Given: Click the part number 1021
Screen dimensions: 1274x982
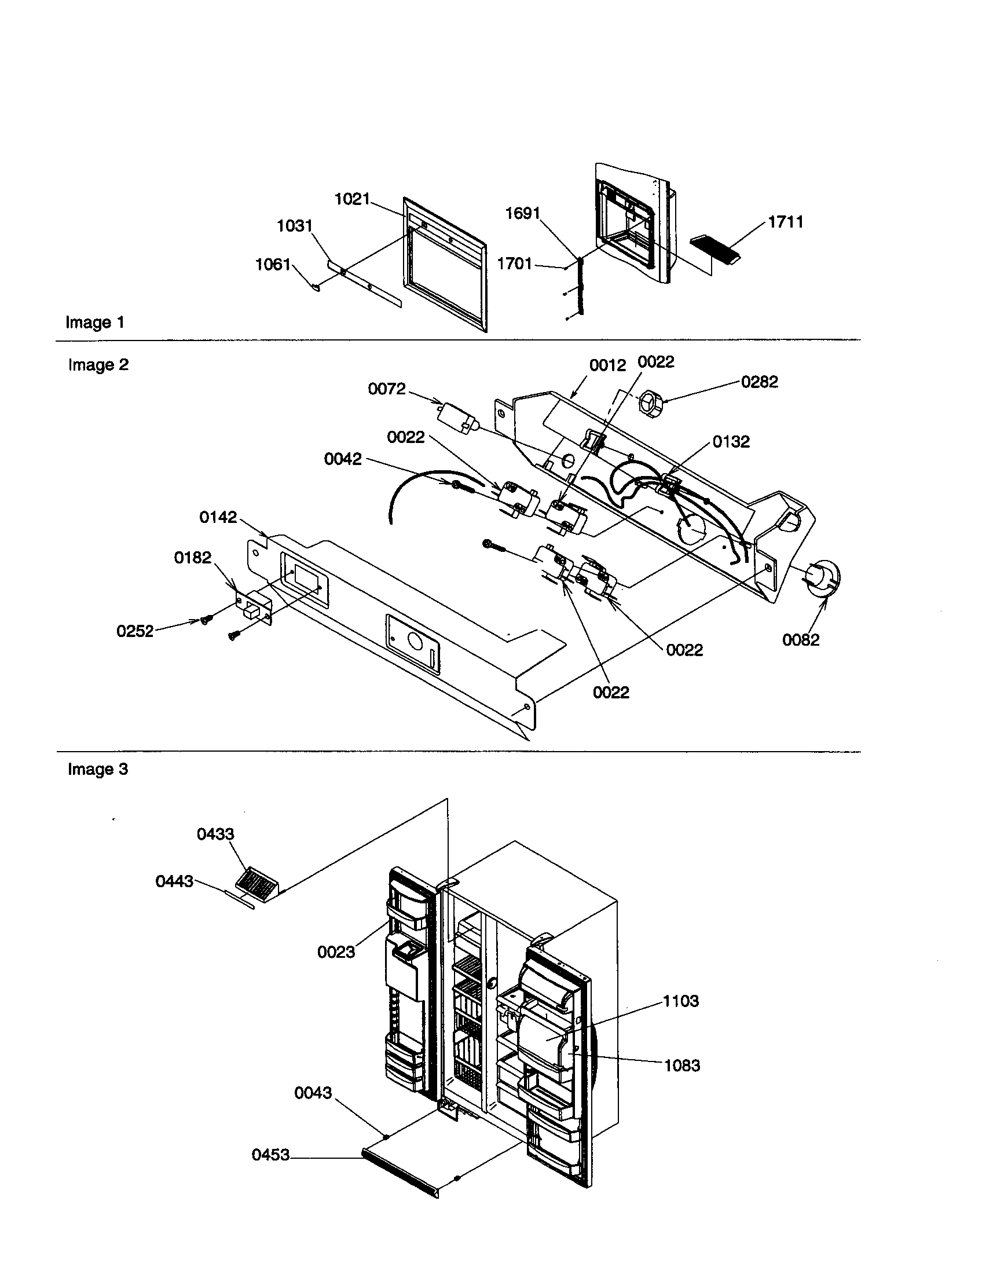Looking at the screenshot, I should point(352,200).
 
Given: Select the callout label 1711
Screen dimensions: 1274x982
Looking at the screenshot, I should point(786,222).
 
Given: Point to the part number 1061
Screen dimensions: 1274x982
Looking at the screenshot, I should point(273,265).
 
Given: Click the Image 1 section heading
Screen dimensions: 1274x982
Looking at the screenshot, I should point(94,323).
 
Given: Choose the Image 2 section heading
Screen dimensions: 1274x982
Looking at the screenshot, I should point(98,365).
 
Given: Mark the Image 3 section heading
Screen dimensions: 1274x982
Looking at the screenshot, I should point(97,770).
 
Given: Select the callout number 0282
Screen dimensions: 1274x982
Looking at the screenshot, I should point(759,382).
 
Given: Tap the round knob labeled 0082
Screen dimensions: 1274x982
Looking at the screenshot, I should point(823,578).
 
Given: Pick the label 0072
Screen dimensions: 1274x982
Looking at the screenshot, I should point(387,389).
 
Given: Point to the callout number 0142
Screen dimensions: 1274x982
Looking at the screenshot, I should point(218,517).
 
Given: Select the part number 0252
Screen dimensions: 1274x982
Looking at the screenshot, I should point(135,631).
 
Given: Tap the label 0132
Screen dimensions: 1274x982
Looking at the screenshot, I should point(731,442).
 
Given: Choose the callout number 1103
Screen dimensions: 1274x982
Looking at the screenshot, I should point(680,1001).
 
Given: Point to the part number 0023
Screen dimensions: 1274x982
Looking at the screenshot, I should point(336,952).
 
